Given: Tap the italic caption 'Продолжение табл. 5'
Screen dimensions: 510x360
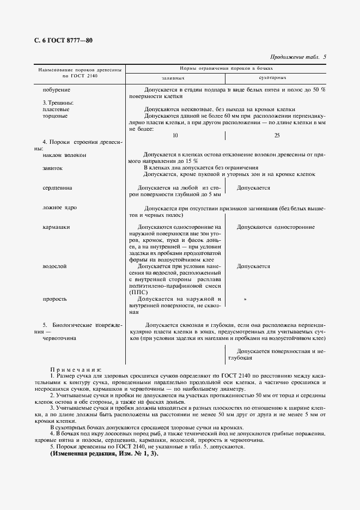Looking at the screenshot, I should [x=298, y=57].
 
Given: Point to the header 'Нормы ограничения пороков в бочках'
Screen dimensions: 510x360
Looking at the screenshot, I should [x=226, y=69].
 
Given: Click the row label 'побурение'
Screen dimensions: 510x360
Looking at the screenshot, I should [x=57, y=89].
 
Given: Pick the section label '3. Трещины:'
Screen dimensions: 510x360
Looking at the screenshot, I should [x=58, y=102].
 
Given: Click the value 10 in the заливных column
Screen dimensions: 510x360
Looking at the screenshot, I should [x=175, y=135].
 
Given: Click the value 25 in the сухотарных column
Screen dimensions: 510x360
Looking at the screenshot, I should [x=277, y=135].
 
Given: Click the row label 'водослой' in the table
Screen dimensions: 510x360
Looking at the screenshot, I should [x=54, y=266].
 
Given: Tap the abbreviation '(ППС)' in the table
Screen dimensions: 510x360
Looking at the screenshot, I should [x=139, y=293].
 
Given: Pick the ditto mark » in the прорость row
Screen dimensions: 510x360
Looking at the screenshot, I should [x=245, y=299].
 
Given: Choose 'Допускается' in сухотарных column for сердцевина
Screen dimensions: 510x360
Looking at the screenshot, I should [x=253, y=187].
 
